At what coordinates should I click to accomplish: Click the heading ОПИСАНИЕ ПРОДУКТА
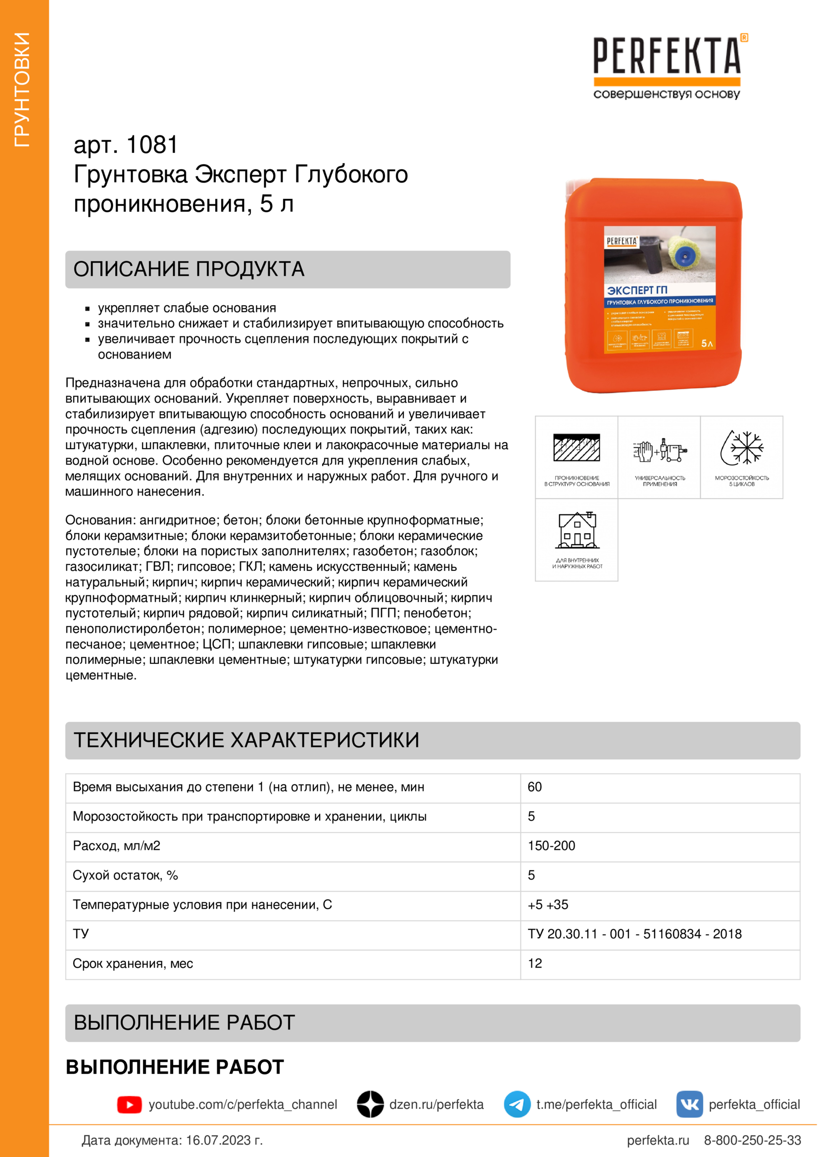point(189,269)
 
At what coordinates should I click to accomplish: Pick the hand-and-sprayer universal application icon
point(659,450)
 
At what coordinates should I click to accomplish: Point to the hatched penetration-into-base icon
point(577,447)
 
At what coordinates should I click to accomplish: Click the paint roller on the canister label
point(683,252)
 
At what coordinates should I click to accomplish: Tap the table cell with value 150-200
point(551,845)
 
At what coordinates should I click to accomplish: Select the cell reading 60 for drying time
point(535,787)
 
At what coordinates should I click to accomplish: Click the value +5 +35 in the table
point(548,905)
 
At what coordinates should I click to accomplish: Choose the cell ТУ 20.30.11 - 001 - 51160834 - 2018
point(634,934)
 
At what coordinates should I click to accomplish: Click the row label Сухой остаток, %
point(125,876)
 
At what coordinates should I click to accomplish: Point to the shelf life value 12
point(535,963)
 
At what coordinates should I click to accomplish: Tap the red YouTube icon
point(130,1105)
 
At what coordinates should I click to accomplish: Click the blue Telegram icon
point(517,1104)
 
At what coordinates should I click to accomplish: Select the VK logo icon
point(689,1104)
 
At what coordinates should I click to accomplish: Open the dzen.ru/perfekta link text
point(436,1105)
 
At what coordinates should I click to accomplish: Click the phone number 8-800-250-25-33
point(752,1140)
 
